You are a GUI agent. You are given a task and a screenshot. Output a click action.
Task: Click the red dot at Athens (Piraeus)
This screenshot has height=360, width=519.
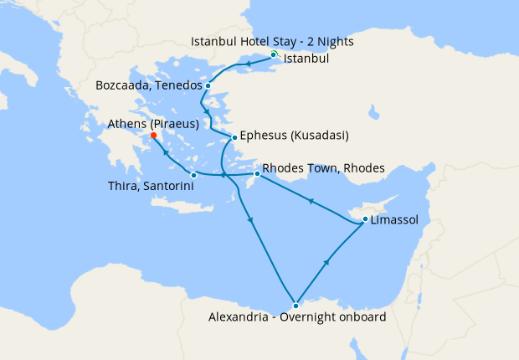153,136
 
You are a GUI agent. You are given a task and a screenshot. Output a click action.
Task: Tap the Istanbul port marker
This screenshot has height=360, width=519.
274,54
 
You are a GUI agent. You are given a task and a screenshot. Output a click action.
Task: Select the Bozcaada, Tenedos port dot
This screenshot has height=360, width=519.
208,85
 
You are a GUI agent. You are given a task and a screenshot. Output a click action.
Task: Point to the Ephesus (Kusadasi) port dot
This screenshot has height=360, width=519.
234,137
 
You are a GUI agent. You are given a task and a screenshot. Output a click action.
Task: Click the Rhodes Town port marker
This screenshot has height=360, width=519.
256,173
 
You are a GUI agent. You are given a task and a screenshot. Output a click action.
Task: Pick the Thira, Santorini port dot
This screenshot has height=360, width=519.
194,175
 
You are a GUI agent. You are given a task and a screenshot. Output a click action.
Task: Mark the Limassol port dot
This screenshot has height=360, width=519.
365,220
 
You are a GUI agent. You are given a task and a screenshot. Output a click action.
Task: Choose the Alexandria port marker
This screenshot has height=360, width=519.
295,305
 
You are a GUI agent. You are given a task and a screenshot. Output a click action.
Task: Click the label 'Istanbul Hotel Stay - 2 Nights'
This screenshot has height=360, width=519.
273,41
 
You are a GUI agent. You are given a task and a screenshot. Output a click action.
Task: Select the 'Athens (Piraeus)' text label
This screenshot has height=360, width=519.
153,124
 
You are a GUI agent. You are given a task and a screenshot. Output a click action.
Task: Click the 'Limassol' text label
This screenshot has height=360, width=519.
396,221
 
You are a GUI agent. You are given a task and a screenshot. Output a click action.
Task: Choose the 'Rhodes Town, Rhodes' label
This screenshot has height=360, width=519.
323,168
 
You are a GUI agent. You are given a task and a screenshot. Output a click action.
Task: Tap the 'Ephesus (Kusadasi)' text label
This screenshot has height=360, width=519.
294,136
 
